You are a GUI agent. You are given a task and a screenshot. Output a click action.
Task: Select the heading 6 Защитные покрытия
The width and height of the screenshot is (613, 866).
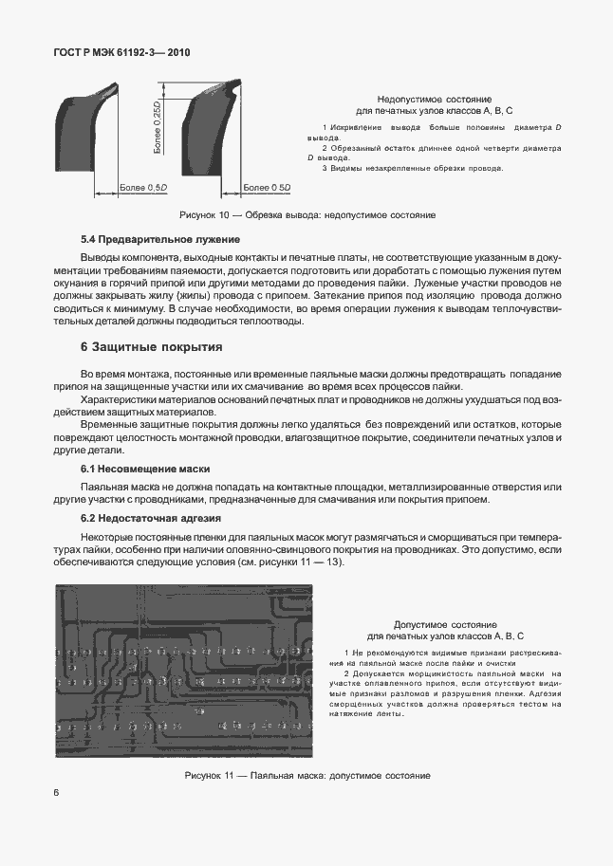click(x=152, y=347)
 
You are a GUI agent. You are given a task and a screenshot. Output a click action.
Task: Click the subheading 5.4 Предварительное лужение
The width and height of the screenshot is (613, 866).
click(x=159, y=238)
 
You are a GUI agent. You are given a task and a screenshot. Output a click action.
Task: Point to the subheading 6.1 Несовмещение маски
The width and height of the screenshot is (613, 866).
click(x=144, y=470)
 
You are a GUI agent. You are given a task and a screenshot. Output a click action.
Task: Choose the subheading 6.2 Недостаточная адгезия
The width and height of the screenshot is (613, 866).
click(x=150, y=518)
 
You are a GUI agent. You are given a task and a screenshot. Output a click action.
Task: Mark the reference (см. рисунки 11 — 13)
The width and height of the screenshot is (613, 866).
click(x=288, y=562)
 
